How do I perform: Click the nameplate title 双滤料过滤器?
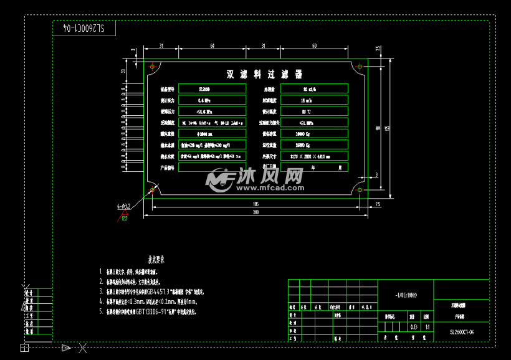pos(264,75)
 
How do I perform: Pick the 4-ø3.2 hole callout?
pos(123,204)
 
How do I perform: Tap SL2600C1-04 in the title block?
pos(462,333)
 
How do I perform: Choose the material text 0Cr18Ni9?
pos(406,295)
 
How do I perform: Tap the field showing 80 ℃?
pos(313,111)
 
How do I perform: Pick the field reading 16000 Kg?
pos(313,145)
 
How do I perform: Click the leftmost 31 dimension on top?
pos(161,46)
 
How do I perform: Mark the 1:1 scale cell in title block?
pos(427,326)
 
